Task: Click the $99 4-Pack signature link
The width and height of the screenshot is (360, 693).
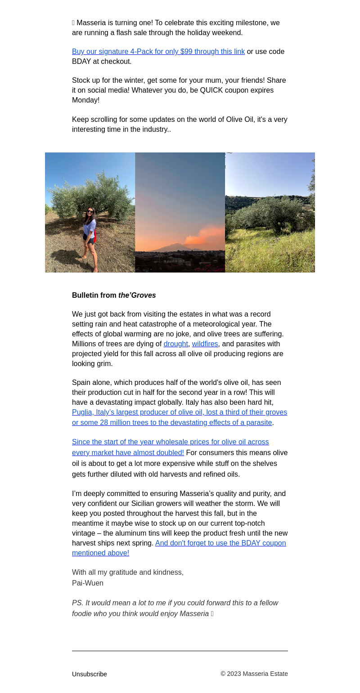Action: coord(158,52)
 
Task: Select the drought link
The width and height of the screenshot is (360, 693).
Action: coord(175,344)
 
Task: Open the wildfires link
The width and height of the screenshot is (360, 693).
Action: coord(205,344)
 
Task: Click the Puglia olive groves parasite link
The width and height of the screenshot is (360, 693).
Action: coord(179,417)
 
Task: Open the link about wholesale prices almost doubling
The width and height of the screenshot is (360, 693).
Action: coord(170,447)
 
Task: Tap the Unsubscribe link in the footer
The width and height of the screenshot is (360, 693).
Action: coord(89,674)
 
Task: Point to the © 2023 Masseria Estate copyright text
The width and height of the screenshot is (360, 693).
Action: coord(254,674)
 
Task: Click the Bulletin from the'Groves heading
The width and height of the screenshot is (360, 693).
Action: coord(114,295)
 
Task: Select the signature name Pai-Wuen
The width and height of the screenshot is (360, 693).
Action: coord(88,583)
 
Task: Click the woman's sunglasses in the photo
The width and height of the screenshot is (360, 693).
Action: coord(90,211)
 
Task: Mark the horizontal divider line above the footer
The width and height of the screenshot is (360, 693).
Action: coord(180,651)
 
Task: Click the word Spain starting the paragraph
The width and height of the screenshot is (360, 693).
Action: coord(81,383)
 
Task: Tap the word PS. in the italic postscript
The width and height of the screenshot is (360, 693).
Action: coord(78,603)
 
